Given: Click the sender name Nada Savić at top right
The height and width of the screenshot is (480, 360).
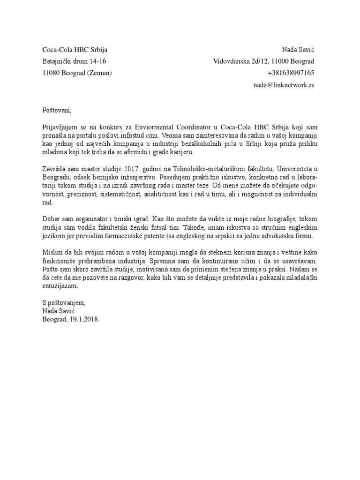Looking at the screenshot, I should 298,49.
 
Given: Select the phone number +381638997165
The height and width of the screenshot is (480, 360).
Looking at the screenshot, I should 291,73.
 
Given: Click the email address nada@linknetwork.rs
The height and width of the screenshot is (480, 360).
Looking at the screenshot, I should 284,85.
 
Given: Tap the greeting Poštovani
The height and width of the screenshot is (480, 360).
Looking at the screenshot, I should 56,111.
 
